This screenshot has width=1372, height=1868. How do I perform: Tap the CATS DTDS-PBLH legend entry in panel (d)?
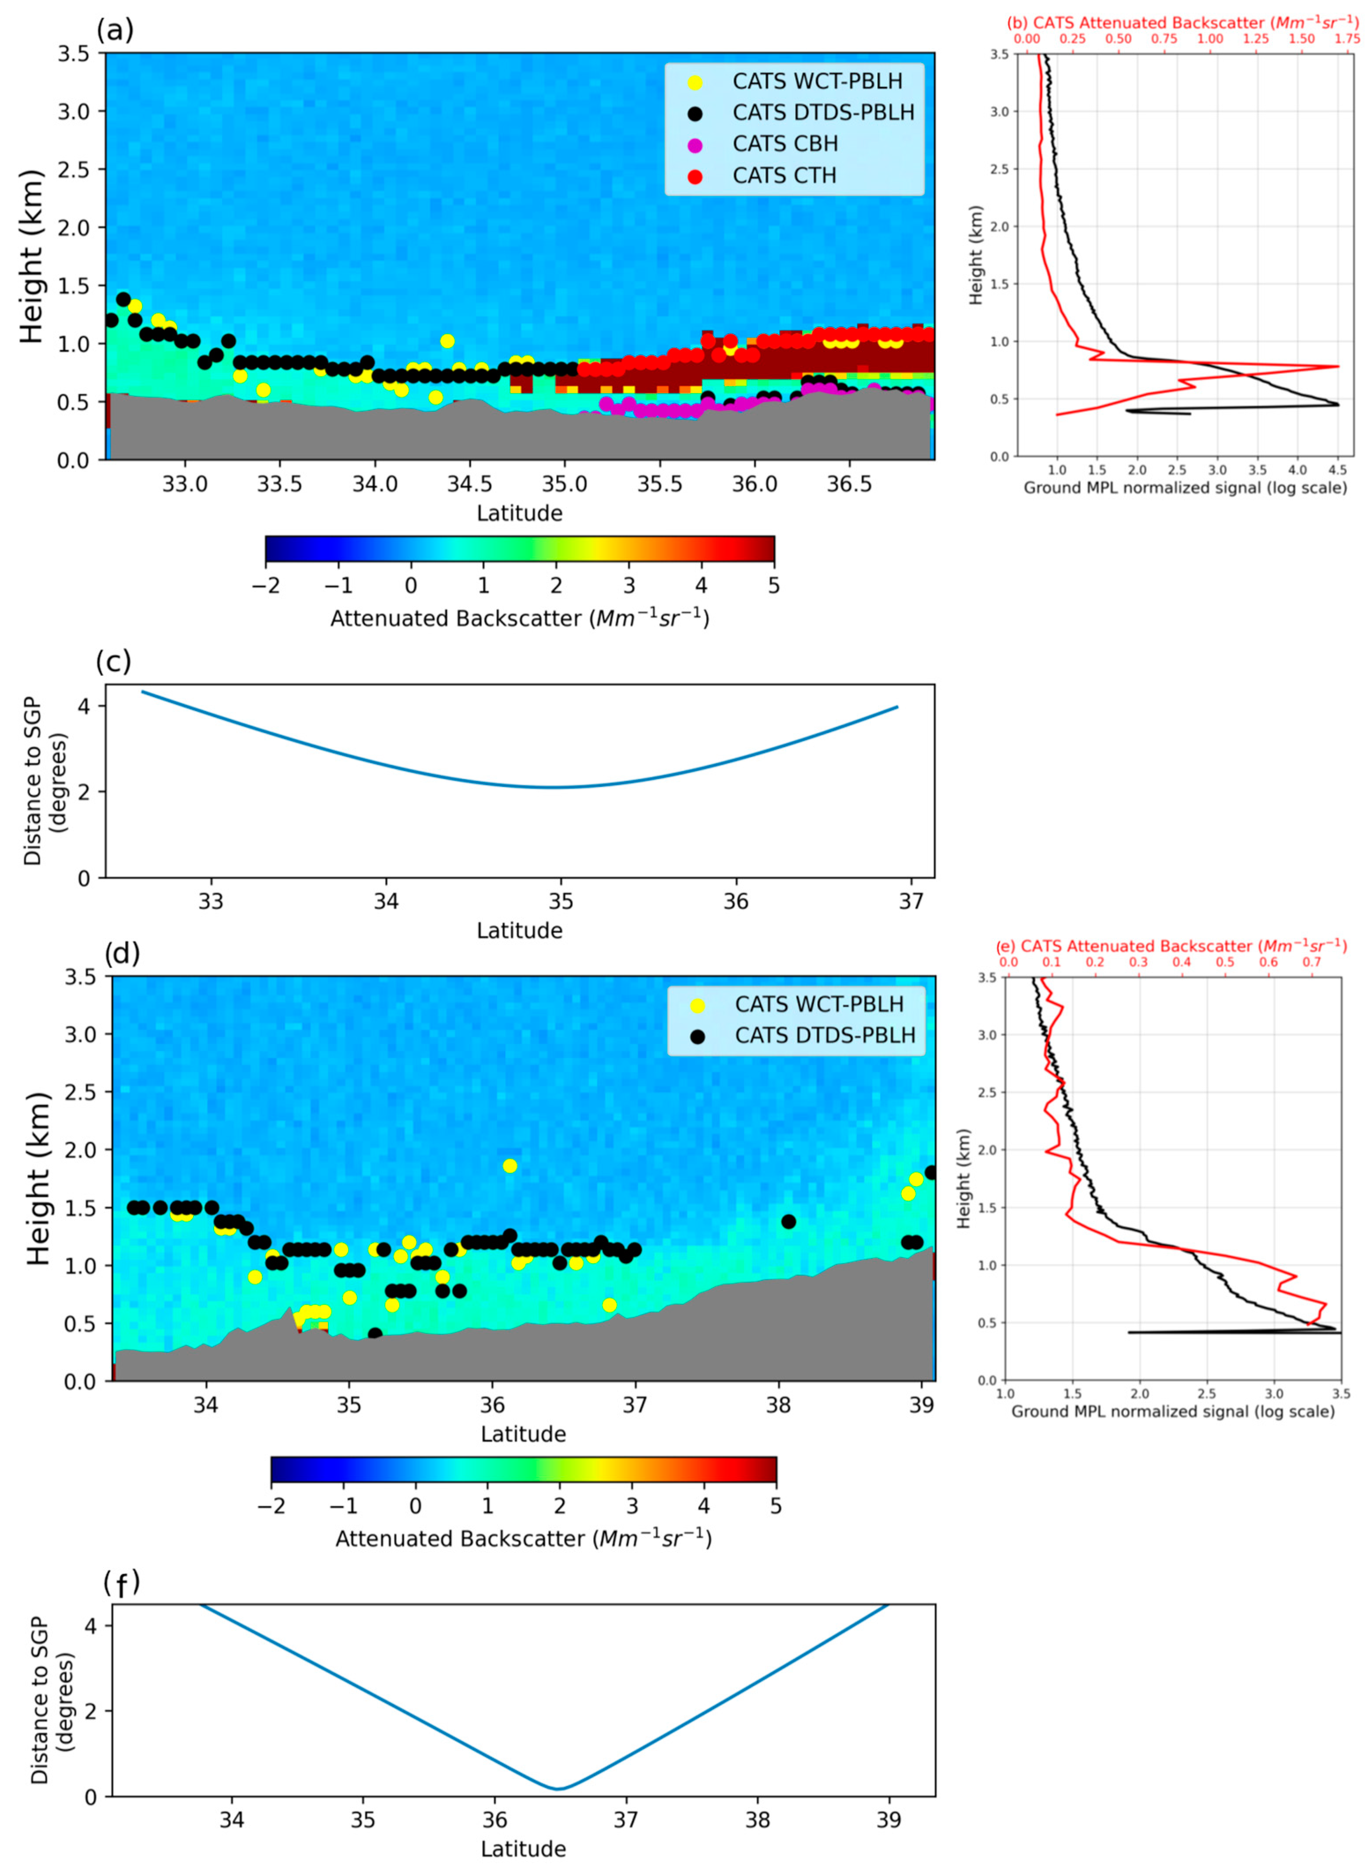pyautogui.click(x=824, y=1035)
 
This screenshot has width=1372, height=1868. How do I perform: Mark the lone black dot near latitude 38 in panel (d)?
pyautogui.click(x=788, y=1221)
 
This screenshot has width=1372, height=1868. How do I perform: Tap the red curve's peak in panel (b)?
pyautogui.click(x=1337, y=366)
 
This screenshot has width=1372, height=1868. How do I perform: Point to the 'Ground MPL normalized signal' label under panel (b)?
pyautogui.click(x=1184, y=487)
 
